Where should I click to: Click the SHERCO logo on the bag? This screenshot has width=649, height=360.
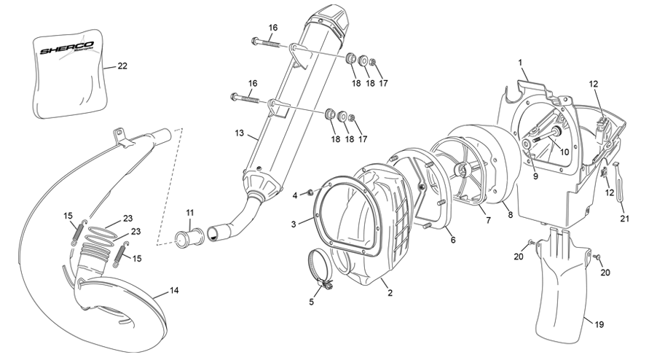click(x=67, y=48)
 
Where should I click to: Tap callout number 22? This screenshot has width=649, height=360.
click(x=122, y=66)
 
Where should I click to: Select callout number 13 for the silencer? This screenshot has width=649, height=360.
click(x=240, y=133)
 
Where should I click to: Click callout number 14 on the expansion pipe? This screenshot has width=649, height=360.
click(x=174, y=290)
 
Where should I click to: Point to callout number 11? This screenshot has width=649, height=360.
click(x=190, y=213)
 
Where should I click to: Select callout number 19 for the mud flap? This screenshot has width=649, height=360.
click(x=599, y=325)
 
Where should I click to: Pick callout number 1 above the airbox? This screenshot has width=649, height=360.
click(x=520, y=63)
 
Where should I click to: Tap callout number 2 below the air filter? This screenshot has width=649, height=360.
click(x=390, y=293)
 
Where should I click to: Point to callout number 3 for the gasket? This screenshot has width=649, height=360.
click(x=294, y=224)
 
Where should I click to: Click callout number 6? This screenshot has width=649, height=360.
click(x=453, y=240)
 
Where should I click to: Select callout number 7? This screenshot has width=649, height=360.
click(x=489, y=220)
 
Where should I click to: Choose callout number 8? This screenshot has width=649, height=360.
click(x=511, y=215)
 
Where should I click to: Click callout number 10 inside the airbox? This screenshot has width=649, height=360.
click(x=565, y=152)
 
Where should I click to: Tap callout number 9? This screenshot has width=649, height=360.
click(x=535, y=176)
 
